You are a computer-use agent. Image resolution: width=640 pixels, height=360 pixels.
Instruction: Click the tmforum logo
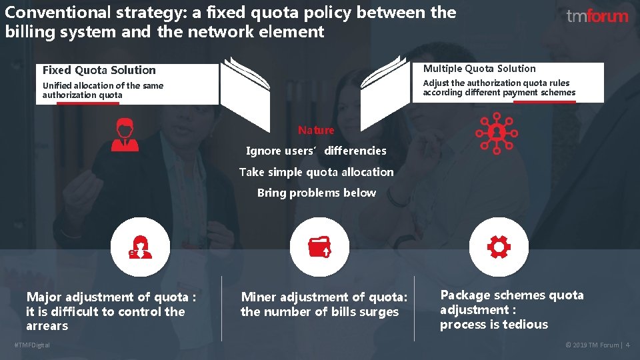pos(597,16)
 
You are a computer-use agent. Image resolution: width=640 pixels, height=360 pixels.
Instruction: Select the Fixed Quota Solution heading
pos(99,70)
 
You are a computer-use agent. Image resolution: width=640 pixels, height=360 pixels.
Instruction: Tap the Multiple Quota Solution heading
pos(479,69)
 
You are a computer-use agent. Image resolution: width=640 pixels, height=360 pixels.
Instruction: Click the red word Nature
pos(316,130)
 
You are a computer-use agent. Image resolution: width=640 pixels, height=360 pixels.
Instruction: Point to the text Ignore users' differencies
pos(316,151)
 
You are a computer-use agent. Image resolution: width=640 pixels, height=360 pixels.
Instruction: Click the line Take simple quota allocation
pos(316,172)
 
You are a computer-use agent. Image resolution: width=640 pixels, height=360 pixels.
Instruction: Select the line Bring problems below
pos(316,193)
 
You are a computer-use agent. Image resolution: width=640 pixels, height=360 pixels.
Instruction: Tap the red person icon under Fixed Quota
pos(125,135)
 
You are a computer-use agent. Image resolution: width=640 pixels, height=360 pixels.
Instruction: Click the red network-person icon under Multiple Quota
pos(497,132)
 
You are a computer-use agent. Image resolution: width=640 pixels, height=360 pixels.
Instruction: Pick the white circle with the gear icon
pos(499,247)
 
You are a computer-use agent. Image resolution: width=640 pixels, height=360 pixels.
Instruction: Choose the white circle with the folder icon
pos(319,247)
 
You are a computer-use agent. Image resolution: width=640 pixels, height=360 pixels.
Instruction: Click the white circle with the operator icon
pos(140,247)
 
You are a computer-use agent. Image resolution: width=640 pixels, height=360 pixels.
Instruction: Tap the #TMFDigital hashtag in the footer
pos(31,345)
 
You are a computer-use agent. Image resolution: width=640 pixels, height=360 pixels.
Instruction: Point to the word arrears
pos(47,326)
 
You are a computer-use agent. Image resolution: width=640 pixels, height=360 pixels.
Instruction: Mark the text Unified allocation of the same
pos(103,85)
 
